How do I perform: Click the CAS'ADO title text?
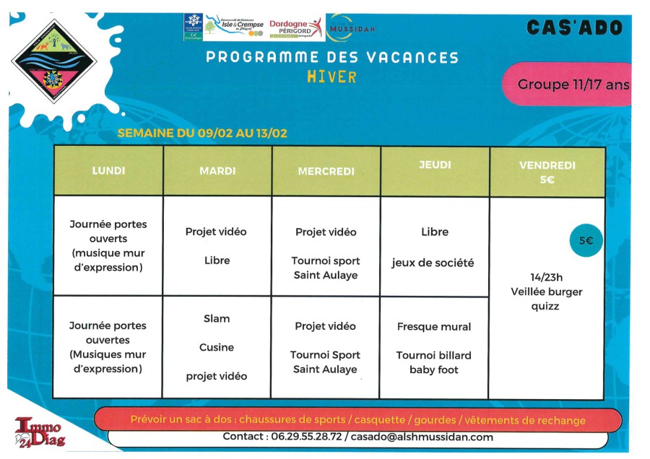[574, 28]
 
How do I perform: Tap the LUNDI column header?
[108, 171]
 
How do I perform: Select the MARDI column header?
[217, 171]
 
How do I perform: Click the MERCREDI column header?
[326, 172]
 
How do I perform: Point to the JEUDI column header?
[435, 165]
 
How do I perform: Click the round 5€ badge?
[586, 241]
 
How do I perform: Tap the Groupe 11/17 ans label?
[573, 84]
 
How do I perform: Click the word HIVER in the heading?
[331, 76]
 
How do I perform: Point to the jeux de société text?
[433, 263]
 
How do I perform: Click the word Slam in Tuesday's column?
[217, 318]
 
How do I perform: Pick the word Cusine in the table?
[217, 347]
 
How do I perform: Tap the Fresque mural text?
[434, 326]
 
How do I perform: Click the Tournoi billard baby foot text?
[434, 362]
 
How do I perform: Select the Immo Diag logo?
[40, 432]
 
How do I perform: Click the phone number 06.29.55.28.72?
[305, 437]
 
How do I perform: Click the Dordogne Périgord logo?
[295, 27]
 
